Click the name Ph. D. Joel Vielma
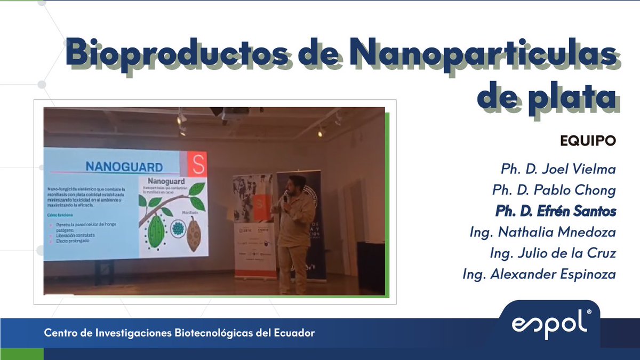click(x=558, y=170)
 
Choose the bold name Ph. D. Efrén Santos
click(x=555, y=211)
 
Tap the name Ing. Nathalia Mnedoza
click(x=542, y=233)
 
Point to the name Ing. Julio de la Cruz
click(x=553, y=253)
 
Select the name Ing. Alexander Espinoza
click(x=539, y=275)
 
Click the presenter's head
click(x=295, y=185)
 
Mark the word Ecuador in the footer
click(x=295, y=333)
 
